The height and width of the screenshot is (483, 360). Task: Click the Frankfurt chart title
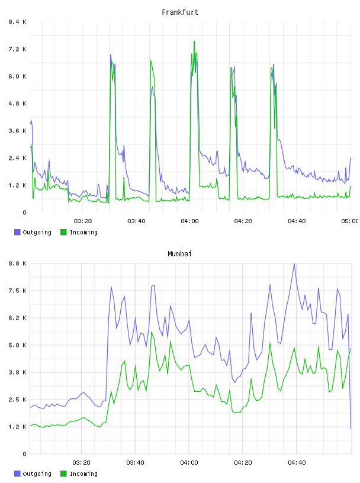tap(180, 12)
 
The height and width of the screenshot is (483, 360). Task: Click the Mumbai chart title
tap(179, 253)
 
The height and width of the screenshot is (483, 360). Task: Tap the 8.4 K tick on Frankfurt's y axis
tap(17, 22)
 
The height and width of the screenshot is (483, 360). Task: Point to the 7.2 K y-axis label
tap(17, 49)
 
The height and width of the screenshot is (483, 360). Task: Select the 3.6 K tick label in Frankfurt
tap(17, 131)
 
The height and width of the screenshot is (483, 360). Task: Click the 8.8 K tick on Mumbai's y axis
tap(17, 263)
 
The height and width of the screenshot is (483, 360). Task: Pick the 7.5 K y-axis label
tap(17, 291)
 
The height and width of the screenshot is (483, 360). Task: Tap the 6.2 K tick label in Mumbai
tap(17, 318)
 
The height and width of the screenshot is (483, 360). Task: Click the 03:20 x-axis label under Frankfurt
tap(83, 221)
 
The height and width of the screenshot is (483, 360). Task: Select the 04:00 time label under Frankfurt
tap(190, 221)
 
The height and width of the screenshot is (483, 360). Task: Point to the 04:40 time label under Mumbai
tap(297, 462)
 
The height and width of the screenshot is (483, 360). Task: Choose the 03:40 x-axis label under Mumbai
tap(136, 462)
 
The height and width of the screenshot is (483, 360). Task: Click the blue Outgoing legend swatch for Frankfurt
tap(17, 232)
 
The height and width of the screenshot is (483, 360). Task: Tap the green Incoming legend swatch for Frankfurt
tap(63, 232)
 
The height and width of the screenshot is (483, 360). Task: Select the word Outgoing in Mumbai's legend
tap(37, 474)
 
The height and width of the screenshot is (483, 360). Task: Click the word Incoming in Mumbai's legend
tap(83, 474)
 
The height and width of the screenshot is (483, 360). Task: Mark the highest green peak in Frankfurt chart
tap(194, 41)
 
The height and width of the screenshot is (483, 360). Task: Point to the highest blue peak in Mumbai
tap(294, 264)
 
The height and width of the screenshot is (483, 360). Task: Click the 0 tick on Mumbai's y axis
tap(24, 454)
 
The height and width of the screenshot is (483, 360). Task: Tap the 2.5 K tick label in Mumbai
tap(17, 400)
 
